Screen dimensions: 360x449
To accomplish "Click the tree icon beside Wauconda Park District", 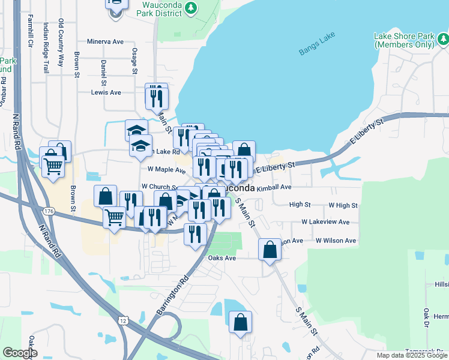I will click(190, 8).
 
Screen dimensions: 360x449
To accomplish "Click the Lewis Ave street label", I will click(106, 92).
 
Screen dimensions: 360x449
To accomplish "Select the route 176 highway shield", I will click(49, 210).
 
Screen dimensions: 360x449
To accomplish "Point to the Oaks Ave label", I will click(221, 258).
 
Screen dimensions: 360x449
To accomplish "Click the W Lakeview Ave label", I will click(325, 222).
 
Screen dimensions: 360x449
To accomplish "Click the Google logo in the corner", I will click(20, 353).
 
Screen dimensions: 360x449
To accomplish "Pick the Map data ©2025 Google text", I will click(412, 356).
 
